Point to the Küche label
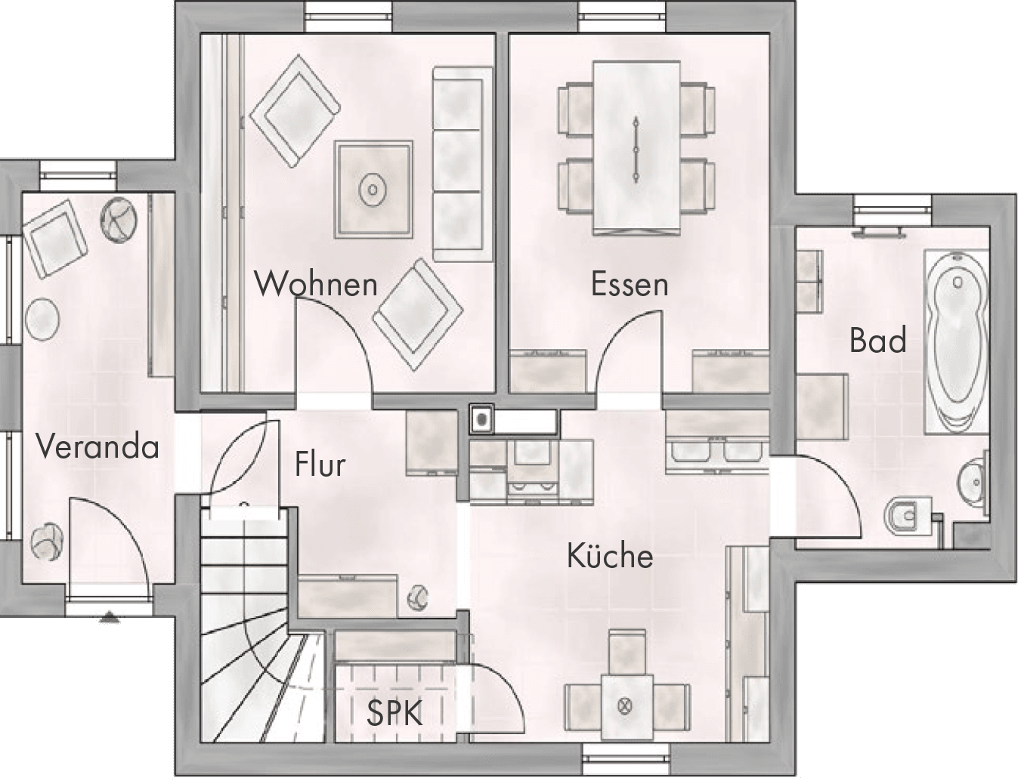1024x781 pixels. pos(610,555)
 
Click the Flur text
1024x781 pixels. pos(320,464)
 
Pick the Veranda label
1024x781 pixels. pos(97,446)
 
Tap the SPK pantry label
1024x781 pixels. pos(394,713)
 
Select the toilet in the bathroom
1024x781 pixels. pos(908,518)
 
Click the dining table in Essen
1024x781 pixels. pos(636,147)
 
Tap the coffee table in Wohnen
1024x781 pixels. pos(373,190)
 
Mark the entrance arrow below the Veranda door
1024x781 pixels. pos(109,618)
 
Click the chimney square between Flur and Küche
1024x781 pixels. pos(481,419)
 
